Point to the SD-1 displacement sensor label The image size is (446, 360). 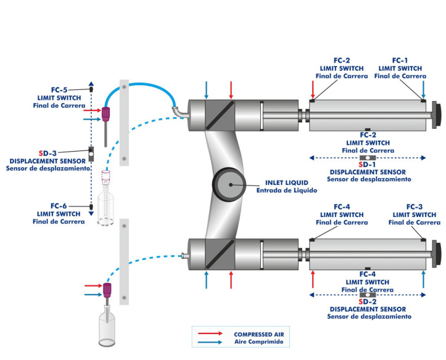click(367, 165)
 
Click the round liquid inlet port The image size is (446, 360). click(227, 184)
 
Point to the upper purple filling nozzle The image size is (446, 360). click(106, 114)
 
